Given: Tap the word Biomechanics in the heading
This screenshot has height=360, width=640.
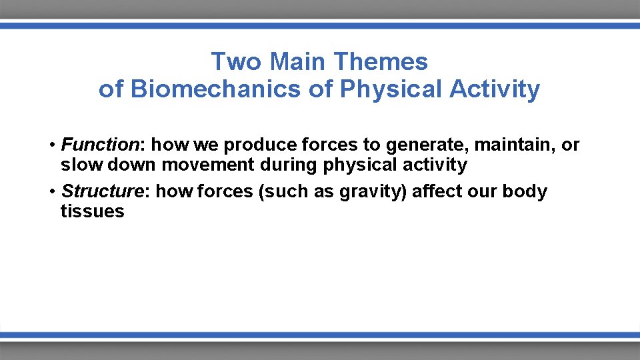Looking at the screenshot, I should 216,89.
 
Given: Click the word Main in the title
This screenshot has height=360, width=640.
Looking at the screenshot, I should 299,62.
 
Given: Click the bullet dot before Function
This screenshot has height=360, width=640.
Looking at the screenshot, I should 51,145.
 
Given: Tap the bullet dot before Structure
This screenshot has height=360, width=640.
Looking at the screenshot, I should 51,192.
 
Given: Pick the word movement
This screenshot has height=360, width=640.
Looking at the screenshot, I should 205,165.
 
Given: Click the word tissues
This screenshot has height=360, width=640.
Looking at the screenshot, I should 92,212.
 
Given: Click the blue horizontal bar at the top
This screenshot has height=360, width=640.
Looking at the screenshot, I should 320,25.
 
